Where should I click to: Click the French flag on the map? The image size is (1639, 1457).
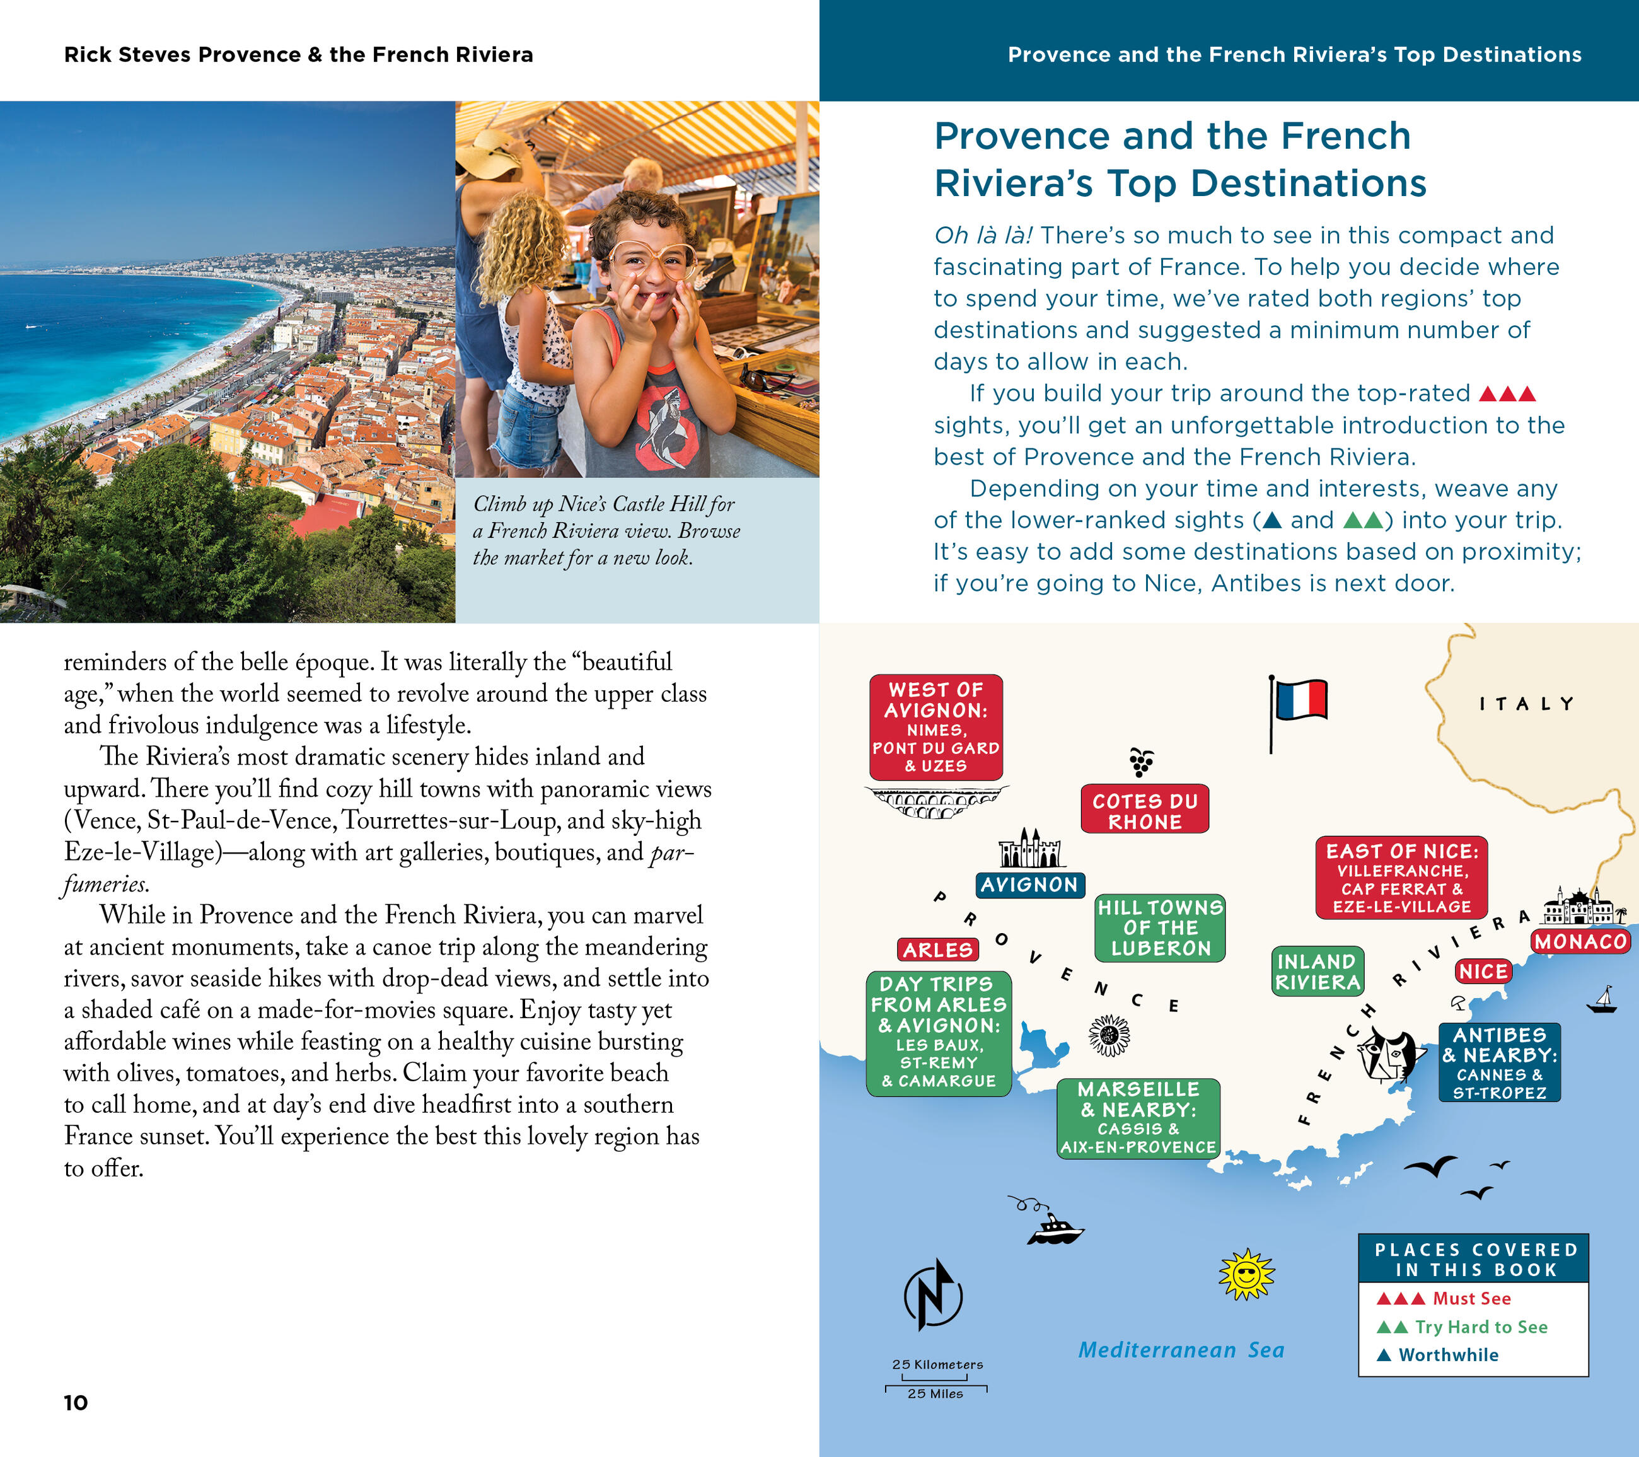pos(1300,700)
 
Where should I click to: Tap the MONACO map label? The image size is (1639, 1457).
pos(1580,941)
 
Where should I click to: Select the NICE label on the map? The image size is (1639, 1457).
pos(1483,971)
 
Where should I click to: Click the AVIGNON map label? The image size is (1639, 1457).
pos(1029,885)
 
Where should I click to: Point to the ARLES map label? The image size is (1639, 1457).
pos(938,950)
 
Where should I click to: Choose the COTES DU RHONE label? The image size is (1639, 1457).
pos(1144,811)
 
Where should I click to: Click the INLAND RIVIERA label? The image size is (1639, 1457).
pos(1318,971)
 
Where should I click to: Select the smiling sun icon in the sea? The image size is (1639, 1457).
pos(1246,1274)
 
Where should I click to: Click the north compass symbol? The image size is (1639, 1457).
pos(934,1294)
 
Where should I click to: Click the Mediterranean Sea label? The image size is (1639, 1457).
pos(1180,1350)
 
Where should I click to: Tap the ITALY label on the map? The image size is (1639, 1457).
pos(1527,704)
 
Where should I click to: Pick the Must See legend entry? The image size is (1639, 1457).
pos(1471,1298)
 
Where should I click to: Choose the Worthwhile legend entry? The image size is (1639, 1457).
pos(1447,1355)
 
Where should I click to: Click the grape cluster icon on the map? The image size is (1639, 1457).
pos(1141,761)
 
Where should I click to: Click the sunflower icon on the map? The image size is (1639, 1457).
pos(1109,1035)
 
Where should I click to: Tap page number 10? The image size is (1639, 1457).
pos(76,1403)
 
